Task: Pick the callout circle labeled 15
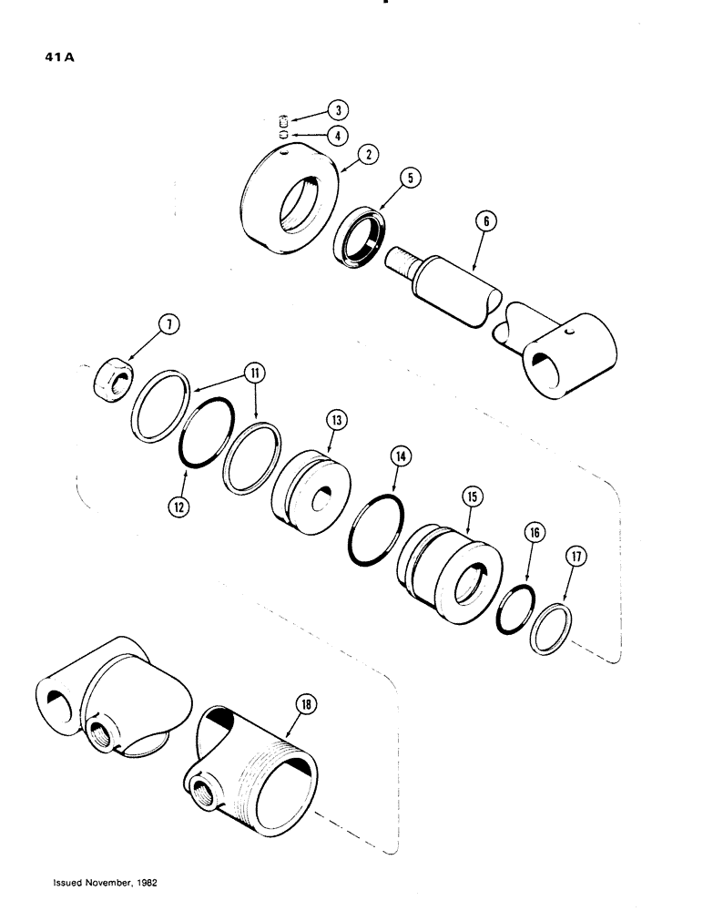click(472, 496)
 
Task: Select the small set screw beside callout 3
click(282, 121)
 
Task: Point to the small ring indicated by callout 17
click(553, 631)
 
